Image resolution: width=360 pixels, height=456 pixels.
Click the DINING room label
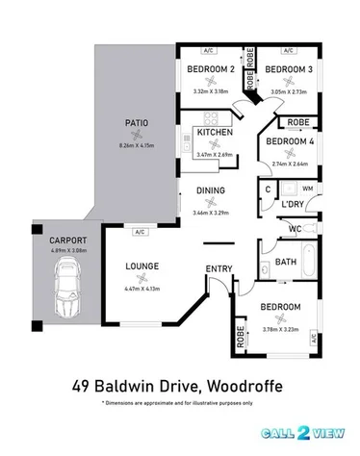pos(210,190)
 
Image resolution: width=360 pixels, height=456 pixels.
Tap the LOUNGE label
pos(141,266)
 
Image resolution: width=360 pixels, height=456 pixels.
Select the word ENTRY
pos(219,268)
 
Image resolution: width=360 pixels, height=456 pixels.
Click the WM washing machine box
pos(308,190)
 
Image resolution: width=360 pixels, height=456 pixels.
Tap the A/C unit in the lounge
pos(141,232)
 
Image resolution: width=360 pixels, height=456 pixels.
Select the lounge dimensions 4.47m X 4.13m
pos(141,287)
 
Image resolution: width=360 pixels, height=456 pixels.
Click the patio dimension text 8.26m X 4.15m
pos(136,145)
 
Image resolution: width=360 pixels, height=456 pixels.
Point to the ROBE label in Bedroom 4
pos(296,123)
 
